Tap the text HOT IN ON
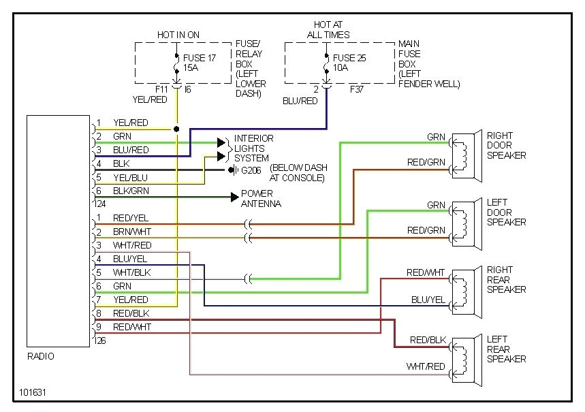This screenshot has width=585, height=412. coord(179,34)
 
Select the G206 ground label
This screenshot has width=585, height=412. coord(250,170)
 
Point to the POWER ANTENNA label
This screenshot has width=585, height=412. coord(261,198)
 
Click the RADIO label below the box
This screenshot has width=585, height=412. coord(41,356)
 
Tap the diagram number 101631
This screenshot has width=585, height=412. coord(33,393)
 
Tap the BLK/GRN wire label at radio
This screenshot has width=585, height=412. coord(131,191)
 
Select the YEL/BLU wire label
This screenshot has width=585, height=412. coord(130,178)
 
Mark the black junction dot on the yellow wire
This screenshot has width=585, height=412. coord(176,129)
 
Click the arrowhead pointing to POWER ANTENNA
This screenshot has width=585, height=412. coord(234,197)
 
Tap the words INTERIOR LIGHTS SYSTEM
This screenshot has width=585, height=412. coord(253,148)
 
